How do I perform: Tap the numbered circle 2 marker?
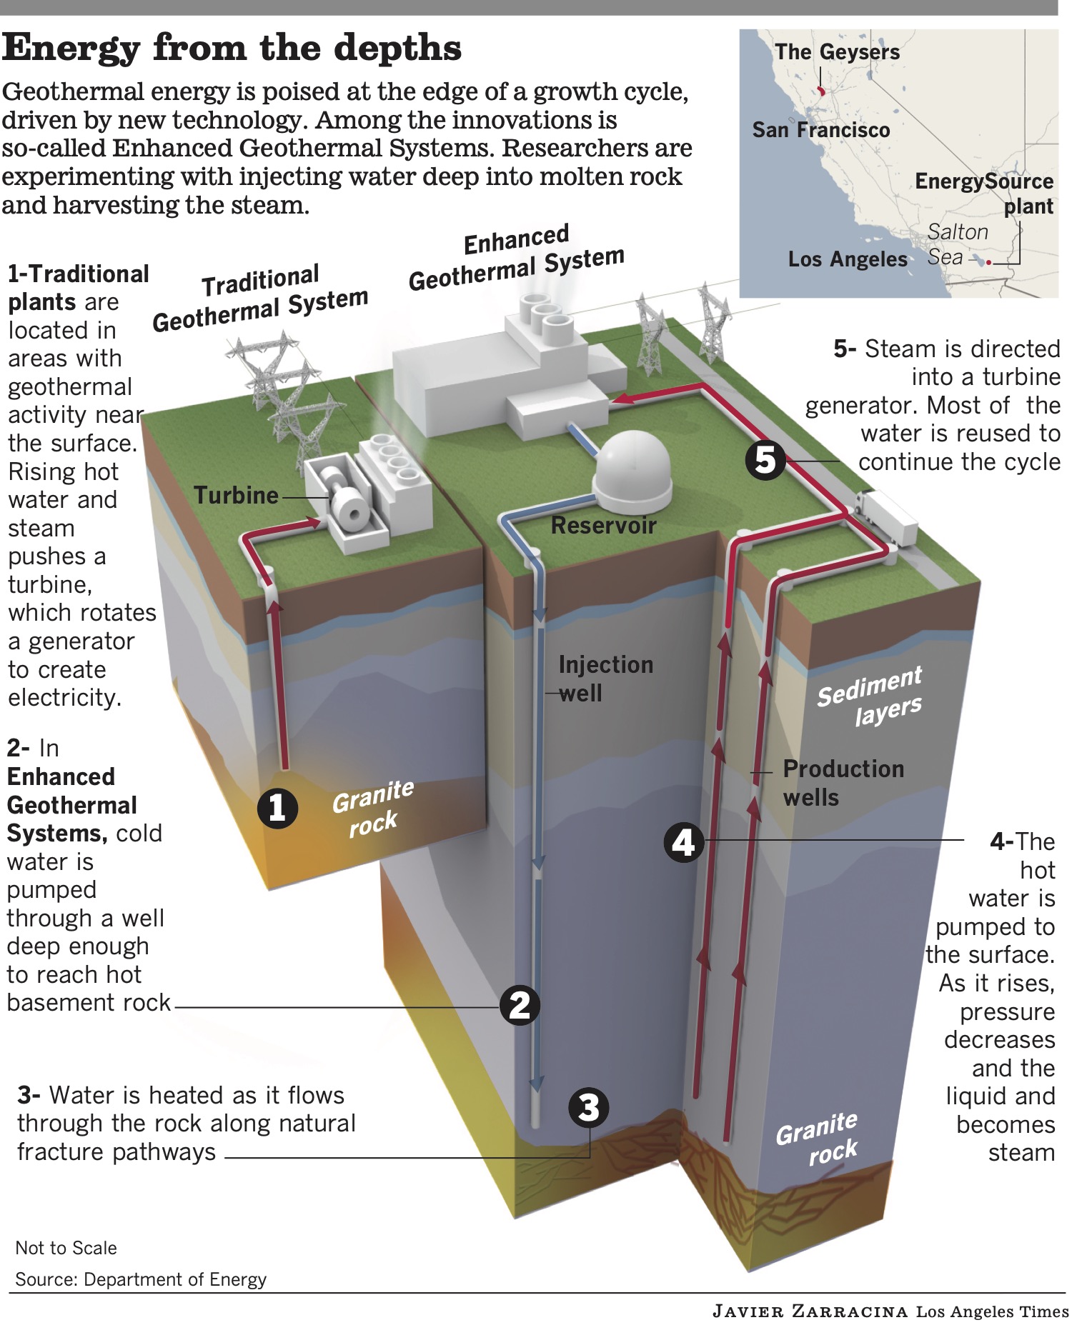[520, 1006]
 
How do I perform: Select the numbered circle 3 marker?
[588, 1108]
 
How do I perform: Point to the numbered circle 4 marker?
[684, 842]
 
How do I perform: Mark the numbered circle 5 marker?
[765, 459]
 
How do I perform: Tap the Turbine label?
[236, 495]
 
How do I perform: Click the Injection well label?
[605, 679]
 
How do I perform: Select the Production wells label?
[843, 782]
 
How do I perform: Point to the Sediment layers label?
[870, 697]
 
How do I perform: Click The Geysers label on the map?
[837, 52]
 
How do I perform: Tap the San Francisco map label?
[820, 130]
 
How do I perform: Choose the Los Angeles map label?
[847, 259]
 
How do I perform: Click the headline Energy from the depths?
[232, 49]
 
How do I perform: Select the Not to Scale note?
[66, 1248]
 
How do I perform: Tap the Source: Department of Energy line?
[141, 1279]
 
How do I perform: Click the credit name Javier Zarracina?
[810, 1311]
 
